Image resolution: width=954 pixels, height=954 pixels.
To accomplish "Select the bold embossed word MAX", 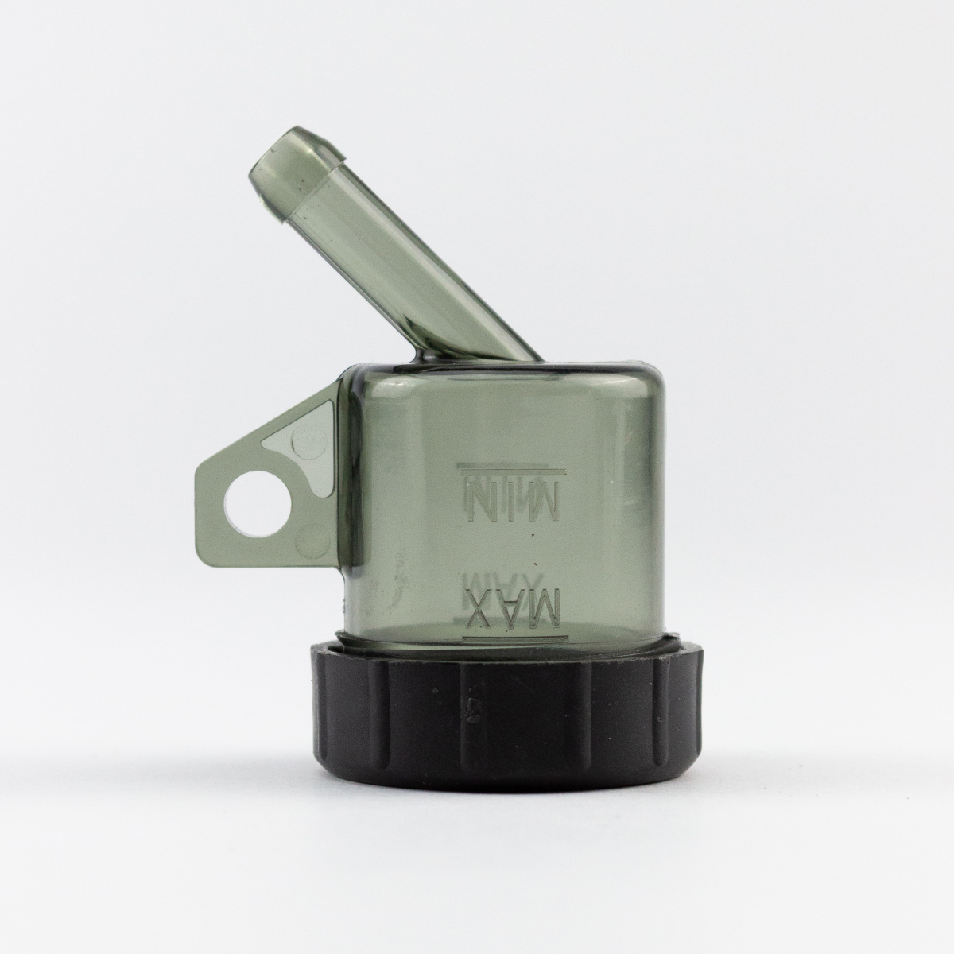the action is [x=513, y=611].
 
